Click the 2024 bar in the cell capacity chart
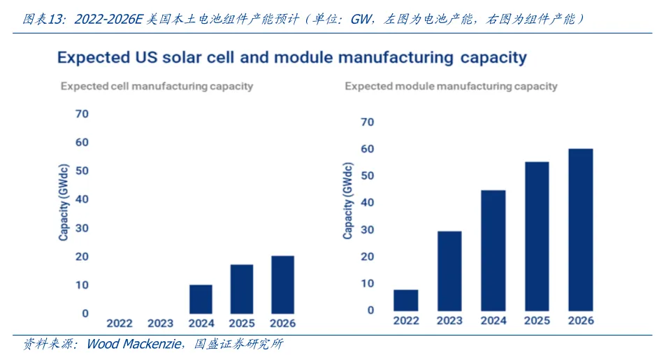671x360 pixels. click(x=201, y=299)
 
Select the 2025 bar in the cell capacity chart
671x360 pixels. click(x=241, y=289)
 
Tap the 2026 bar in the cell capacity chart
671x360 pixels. click(x=282, y=285)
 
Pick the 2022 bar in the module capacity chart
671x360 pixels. click(x=405, y=301)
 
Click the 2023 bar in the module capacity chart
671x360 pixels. click(x=449, y=271)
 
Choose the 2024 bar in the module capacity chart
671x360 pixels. click(x=493, y=251)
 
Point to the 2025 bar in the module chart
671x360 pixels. click(x=537, y=236)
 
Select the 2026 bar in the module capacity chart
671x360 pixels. click(x=580, y=230)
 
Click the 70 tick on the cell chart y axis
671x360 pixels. click(x=82, y=113)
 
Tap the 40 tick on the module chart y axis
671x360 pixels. click(x=367, y=203)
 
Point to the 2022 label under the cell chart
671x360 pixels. click(x=119, y=323)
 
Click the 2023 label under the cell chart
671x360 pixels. click(x=160, y=323)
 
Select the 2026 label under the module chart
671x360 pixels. click(x=581, y=320)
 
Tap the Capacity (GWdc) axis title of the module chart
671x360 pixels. click(x=348, y=203)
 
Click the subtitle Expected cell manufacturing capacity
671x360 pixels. click(x=157, y=87)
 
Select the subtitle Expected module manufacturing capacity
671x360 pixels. click(x=451, y=87)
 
